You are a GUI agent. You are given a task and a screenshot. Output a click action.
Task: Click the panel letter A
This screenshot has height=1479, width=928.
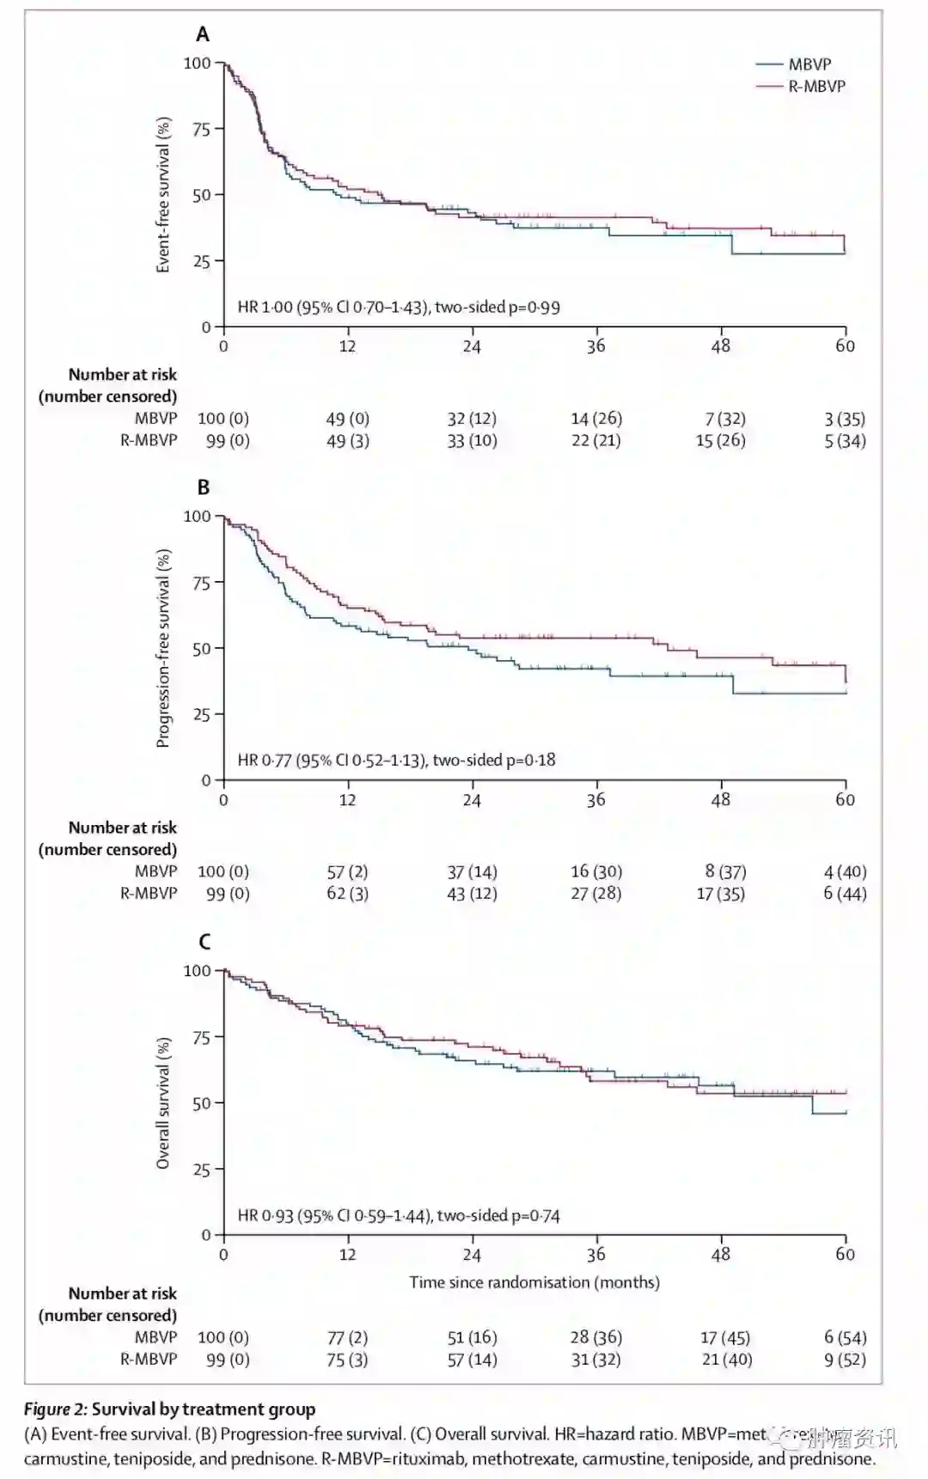[x=203, y=34]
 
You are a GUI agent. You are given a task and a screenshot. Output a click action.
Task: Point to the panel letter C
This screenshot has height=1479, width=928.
[x=204, y=942]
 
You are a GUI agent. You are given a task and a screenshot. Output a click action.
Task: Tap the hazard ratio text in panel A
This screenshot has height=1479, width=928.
[x=399, y=307]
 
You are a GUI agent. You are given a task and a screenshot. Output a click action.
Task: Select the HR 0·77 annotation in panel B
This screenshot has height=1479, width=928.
[x=396, y=760]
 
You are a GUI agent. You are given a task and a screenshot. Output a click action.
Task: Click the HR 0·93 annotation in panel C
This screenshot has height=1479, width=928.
[x=399, y=1215]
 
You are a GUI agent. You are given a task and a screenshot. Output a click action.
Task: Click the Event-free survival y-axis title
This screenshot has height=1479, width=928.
[x=163, y=195]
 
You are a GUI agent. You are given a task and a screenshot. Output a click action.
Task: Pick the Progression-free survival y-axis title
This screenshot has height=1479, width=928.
[x=163, y=648]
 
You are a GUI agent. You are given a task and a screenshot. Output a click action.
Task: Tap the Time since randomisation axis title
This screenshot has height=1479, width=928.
[x=534, y=1282]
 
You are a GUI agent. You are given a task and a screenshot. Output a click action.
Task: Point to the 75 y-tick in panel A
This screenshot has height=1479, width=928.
[x=201, y=130]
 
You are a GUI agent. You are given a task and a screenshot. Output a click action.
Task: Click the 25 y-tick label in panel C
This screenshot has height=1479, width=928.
[x=201, y=1170]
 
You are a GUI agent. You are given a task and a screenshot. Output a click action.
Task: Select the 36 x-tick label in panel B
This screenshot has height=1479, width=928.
[x=596, y=800]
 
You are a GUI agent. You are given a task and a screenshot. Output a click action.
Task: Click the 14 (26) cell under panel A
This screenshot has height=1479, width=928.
[x=596, y=419]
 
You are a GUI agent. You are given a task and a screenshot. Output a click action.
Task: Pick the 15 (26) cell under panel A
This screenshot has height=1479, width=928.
[x=720, y=441]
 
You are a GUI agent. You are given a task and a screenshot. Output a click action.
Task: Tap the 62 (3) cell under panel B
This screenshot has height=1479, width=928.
[x=347, y=894]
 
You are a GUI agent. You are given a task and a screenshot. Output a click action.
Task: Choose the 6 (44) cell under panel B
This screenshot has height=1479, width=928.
[x=845, y=894]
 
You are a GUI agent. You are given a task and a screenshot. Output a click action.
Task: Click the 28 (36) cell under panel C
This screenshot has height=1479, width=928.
[x=596, y=1338]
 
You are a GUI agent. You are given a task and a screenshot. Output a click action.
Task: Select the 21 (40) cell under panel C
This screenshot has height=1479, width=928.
[x=726, y=1360]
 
